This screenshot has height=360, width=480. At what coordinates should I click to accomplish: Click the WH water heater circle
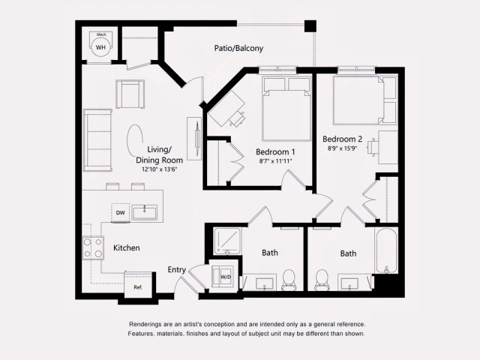(x=100, y=47)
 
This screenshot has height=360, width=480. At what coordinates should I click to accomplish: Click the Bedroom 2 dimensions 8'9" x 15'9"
(x=343, y=148)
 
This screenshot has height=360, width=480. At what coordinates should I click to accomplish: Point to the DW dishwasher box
(x=120, y=213)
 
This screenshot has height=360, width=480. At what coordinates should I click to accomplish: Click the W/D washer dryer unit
(x=225, y=277)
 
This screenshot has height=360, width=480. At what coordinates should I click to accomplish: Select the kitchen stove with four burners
(x=92, y=247)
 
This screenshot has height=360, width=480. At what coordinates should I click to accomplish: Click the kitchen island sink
(x=145, y=213)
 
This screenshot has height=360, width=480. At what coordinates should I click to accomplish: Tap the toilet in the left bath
(x=289, y=280)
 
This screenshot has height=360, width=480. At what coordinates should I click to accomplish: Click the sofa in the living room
(x=96, y=140)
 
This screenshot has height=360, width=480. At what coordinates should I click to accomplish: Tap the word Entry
(x=177, y=270)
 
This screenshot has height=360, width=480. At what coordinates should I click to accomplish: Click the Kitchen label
(x=126, y=247)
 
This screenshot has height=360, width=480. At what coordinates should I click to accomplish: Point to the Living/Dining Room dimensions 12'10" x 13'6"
(x=158, y=169)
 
